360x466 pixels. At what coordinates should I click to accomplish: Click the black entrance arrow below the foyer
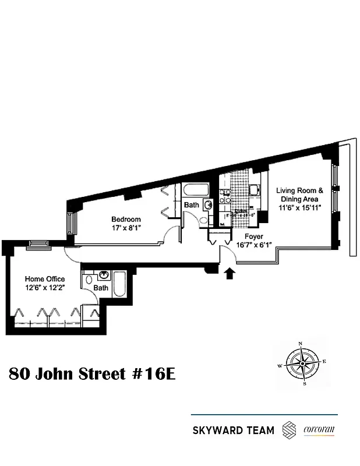228,272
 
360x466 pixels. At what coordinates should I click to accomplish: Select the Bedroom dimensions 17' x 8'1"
126,228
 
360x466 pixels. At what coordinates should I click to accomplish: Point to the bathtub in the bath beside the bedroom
192,190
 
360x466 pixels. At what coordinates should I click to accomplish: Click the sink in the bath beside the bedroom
208,204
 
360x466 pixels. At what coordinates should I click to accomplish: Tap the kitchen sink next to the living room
255,189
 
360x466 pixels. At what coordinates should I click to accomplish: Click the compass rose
302,365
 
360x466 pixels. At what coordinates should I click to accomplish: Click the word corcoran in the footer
320,431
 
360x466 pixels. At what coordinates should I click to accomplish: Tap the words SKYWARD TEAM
233,431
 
